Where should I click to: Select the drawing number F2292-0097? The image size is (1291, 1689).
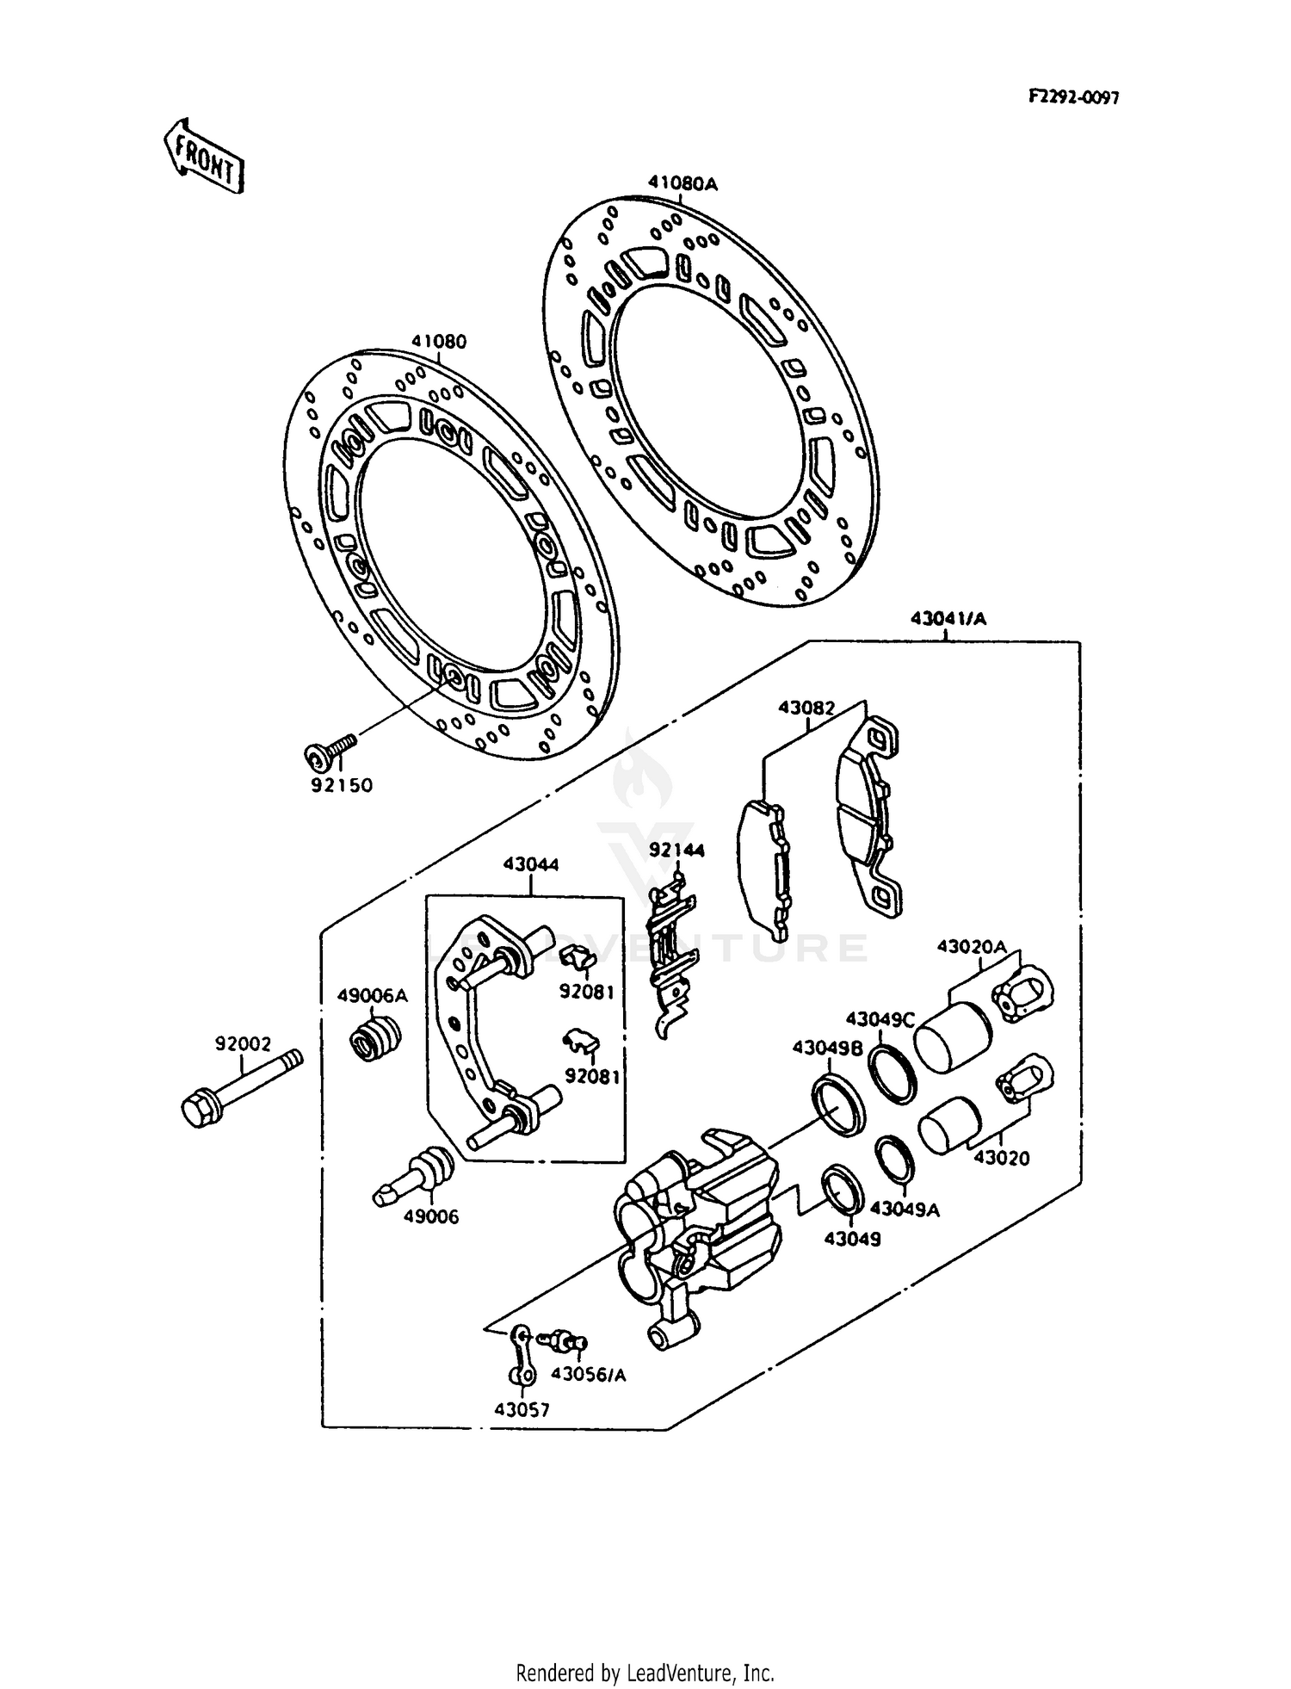1073,98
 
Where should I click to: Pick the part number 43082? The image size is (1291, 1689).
806,708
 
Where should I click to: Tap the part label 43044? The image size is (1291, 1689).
530,863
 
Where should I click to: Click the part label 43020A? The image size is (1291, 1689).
971,946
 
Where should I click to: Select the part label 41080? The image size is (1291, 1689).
438,342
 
